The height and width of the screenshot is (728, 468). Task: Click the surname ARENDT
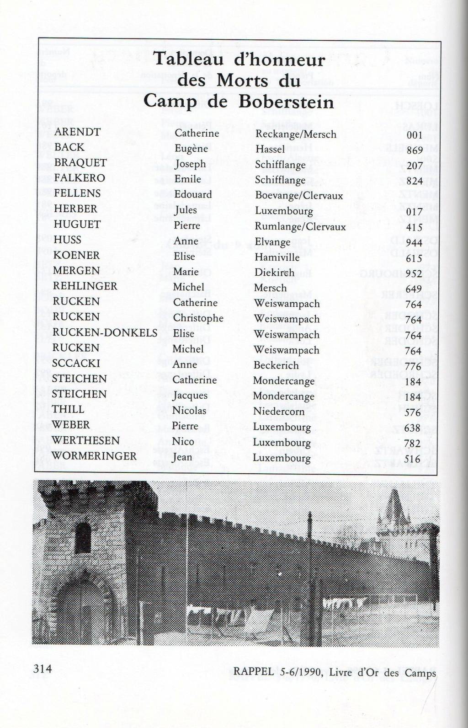(77, 132)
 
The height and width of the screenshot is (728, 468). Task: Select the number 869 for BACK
(415, 150)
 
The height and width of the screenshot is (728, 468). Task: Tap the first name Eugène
(191, 148)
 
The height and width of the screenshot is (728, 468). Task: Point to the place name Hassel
(270, 149)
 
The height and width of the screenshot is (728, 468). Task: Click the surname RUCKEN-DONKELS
(105, 332)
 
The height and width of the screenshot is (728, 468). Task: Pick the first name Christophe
(198, 318)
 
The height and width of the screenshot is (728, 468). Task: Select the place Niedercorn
(278, 411)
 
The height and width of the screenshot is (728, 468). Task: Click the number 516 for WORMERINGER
(412, 459)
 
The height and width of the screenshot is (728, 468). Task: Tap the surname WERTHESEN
(85, 440)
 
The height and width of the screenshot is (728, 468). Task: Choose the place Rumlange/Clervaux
(300, 226)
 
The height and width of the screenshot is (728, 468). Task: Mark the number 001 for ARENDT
(415, 135)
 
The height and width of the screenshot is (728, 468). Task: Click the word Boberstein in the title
(286, 102)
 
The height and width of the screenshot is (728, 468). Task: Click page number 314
(43, 669)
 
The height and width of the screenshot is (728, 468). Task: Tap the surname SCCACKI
(75, 363)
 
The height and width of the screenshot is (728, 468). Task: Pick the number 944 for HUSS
(414, 243)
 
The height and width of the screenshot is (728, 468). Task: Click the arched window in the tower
(82, 537)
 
